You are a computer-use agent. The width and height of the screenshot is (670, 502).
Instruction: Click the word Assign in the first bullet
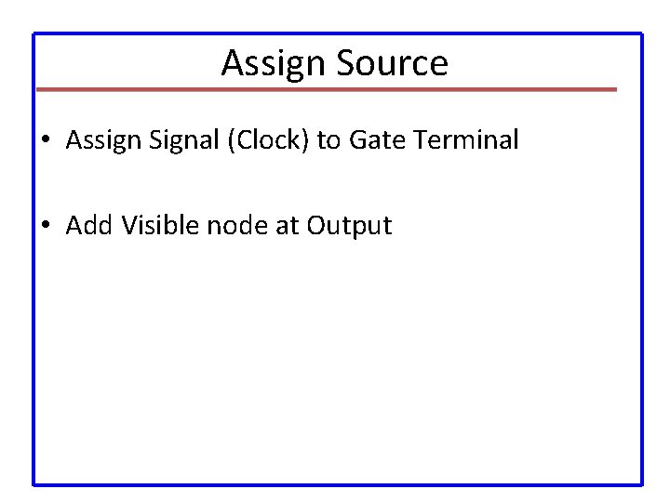pos(100,140)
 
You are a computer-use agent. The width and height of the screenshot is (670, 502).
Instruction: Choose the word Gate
pos(374,140)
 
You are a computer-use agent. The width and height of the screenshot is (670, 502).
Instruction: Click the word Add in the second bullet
pos(87,225)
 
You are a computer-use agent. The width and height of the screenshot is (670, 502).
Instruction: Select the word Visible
pos(155,225)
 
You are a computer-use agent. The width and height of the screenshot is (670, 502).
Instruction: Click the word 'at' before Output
pos(287,225)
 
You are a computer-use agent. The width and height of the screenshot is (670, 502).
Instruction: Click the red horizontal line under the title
pos(326,89)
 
